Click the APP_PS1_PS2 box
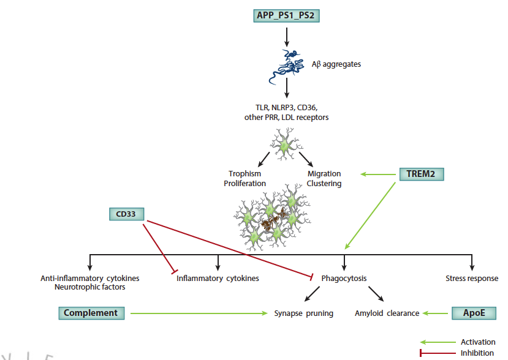coord(287,15)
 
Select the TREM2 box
coord(421,174)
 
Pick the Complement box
coord(91,313)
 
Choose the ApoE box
coord(474,313)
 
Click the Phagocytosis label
coord(344,279)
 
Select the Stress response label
coord(472,279)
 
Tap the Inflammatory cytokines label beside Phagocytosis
coord(218,279)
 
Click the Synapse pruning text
coord(303,313)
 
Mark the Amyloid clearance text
coord(387,313)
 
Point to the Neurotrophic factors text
coord(89,287)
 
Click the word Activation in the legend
coord(478,342)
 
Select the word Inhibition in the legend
coord(477,353)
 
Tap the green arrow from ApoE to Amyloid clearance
coord(436,313)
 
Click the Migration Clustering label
coord(324,179)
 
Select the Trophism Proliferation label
coord(245,179)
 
